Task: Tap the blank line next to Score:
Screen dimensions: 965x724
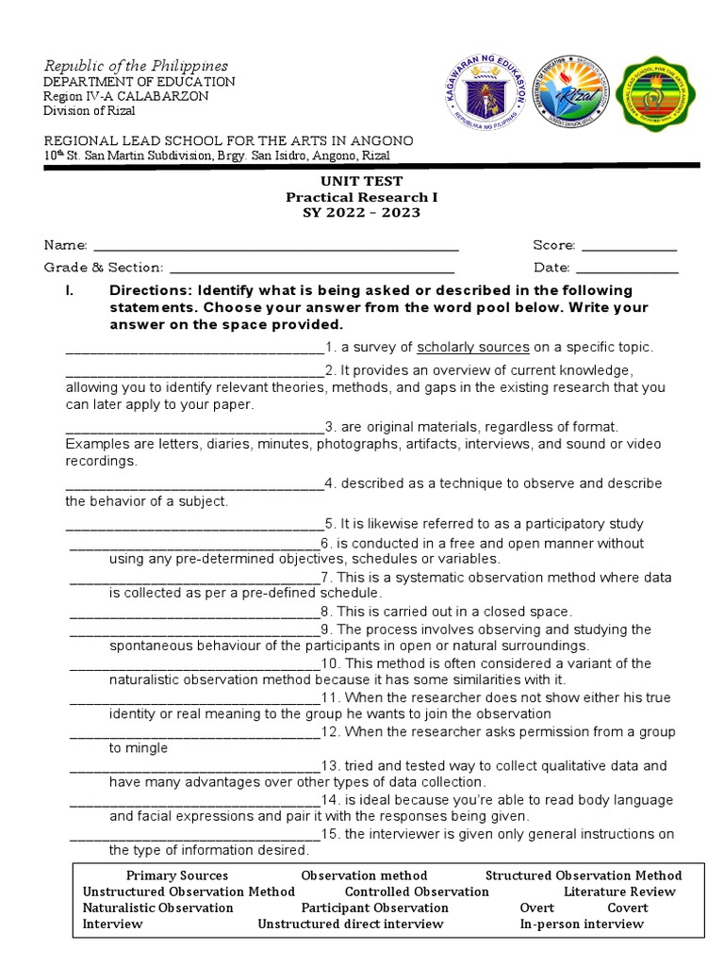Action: (629, 247)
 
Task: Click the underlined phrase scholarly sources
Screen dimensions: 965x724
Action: (473, 347)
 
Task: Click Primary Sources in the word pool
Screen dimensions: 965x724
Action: (177, 875)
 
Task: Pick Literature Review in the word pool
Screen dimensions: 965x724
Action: (619, 891)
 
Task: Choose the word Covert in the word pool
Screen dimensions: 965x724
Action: (628, 908)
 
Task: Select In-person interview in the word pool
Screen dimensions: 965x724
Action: (582, 924)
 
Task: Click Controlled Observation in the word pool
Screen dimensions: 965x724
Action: (417, 891)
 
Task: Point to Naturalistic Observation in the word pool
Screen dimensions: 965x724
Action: (158, 908)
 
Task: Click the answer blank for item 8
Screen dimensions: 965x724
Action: (195, 613)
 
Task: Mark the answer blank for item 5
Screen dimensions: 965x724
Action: (194, 525)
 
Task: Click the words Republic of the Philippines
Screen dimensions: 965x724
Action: (136, 66)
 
